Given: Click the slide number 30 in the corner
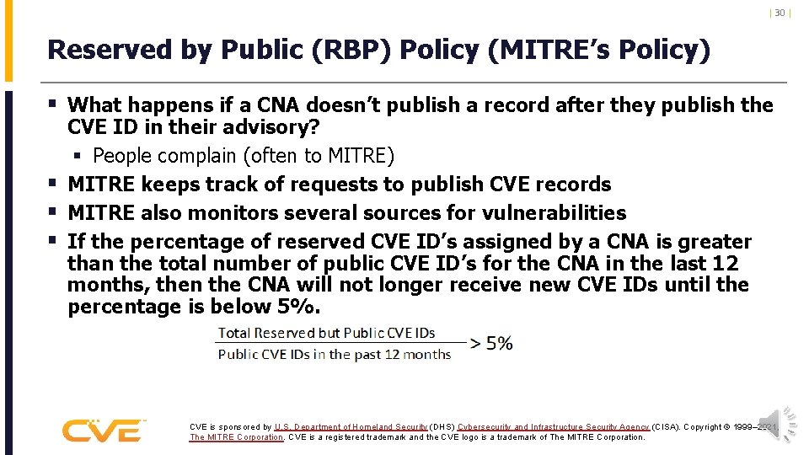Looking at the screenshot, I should (x=780, y=13).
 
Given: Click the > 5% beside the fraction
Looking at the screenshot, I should (x=492, y=343).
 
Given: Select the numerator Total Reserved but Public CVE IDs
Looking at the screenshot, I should (x=326, y=332).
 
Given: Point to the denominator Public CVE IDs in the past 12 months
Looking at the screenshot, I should (x=334, y=354).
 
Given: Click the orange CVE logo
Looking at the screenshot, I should (x=103, y=430).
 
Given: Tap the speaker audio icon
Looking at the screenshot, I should (x=776, y=424).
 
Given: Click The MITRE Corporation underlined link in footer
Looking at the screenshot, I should (x=237, y=437).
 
